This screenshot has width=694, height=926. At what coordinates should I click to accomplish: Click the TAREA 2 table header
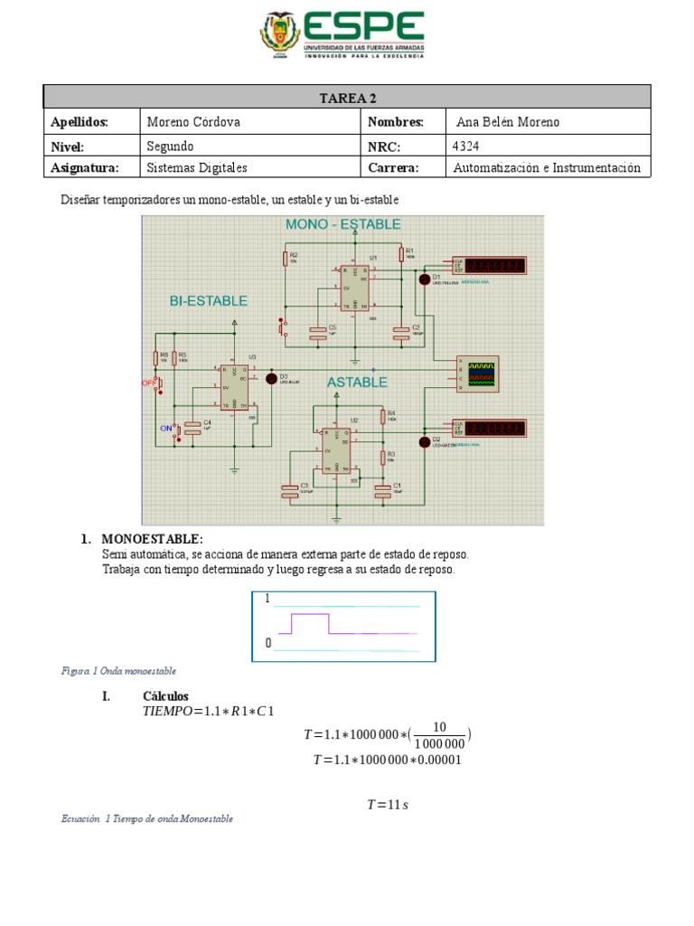click(347, 97)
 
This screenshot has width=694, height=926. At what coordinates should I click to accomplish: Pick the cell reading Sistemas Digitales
click(197, 167)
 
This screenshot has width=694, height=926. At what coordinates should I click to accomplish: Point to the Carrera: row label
click(393, 167)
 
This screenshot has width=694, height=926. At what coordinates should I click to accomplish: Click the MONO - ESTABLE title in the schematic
click(343, 224)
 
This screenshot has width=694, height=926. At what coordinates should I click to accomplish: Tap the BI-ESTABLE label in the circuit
click(208, 301)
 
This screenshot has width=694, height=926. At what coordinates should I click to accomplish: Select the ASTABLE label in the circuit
click(357, 383)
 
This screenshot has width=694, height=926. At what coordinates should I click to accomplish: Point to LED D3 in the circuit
click(270, 378)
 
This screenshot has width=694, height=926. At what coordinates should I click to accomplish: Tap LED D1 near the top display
click(423, 279)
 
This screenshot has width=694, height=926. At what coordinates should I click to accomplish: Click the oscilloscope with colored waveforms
click(478, 373)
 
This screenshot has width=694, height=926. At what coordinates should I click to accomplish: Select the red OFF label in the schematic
click(149, 383)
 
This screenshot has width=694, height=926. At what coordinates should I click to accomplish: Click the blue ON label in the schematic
click(166, 428)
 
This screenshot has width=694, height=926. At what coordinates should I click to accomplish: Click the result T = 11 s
click(387, 804)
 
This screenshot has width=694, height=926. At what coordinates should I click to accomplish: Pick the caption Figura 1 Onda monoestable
click(118, 671)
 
